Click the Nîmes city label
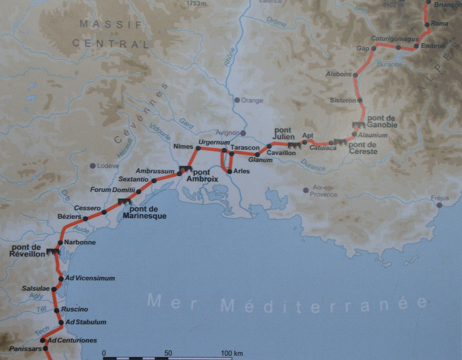[x=183, y=146]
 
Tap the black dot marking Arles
[x=230, y=171]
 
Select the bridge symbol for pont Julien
[x=294, y=145]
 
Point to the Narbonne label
[x=80, y=242]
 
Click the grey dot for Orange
[x=237, y=100]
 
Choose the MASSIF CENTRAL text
[x=111, y=34]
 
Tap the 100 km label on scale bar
[x=232, y=353]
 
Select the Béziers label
[x=69, y=217]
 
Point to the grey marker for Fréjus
[x=439, y=205]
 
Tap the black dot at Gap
[x=374, y=48]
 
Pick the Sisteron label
[x=343, y=100]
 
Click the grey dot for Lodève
[x=92, y=166]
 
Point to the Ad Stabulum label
[x=86, y=322]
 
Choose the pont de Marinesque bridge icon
[x=124, y=202]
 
